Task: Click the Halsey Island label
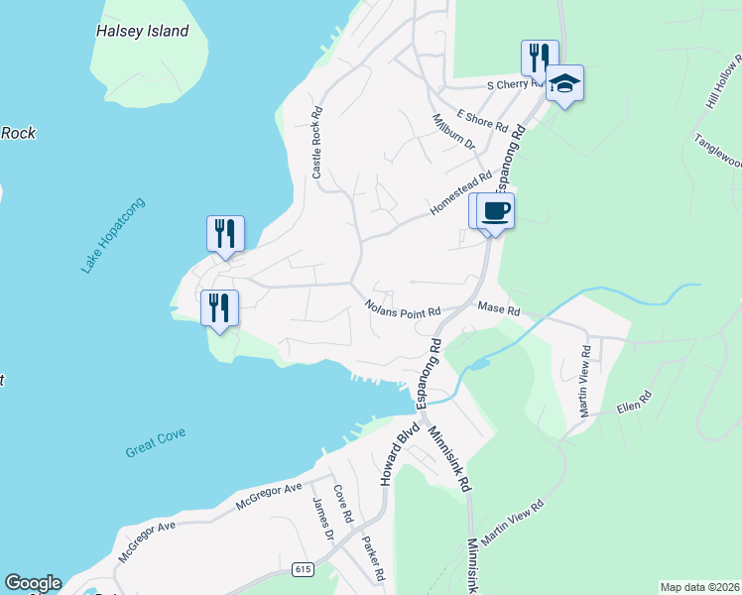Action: tap(142, 31)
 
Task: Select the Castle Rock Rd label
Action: tap(317, 143)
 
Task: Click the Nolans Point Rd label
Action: tap(402, 309)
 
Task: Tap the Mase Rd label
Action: tap(499, 310)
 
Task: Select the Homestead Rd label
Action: tap(460, 195)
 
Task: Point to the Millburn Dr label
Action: tap(454, 131)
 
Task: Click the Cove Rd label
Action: tap(343, 504)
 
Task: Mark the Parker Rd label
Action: tap(372, 559)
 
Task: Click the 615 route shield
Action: tap(304, 569)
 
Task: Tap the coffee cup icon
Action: tap(496, 210)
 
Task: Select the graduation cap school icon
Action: tap(564, 83)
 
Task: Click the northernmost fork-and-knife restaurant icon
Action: tap(539, 56)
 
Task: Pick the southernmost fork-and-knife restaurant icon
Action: tap(218, 306)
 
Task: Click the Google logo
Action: tap(33, 583)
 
